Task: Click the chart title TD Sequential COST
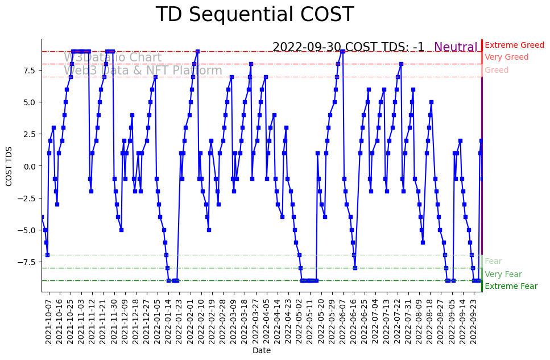254,15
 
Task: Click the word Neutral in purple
456,47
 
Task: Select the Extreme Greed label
514,45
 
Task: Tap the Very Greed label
506,57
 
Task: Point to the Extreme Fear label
511,286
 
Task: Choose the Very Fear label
503,274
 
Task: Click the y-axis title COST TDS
9,165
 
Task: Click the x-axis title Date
262,351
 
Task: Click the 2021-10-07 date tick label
49,321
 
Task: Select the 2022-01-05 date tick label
156,321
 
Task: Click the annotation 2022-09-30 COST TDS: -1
348,47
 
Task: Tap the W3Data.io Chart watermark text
113,57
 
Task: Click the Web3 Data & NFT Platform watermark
143,71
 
